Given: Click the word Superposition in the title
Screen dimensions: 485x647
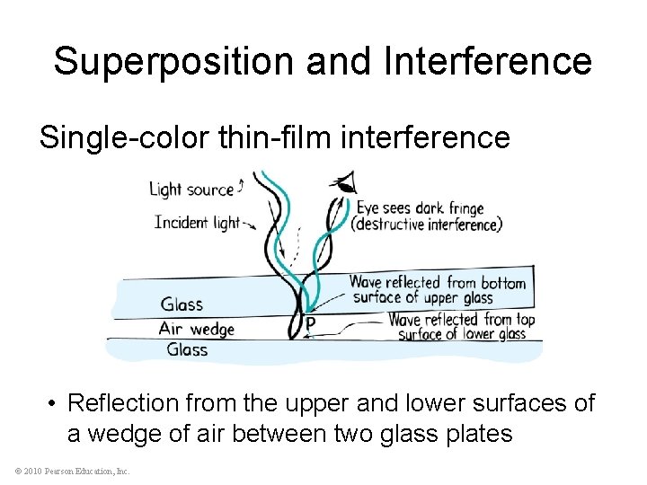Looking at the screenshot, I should pos(173,61).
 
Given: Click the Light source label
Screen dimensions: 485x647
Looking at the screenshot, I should pos(190,189).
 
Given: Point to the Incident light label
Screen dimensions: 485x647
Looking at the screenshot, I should pos(196,221).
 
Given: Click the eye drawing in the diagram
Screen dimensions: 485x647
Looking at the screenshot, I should pos(343,183).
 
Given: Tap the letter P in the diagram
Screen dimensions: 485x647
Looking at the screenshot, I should pos(311,323).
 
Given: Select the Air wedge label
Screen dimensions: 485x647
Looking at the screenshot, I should pos(196,329).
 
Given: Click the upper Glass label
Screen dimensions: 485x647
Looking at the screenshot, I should pos(182,304).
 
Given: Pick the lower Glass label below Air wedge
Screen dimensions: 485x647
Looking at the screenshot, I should pos(187,349).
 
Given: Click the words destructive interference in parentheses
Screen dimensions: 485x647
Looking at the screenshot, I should pos(427,224).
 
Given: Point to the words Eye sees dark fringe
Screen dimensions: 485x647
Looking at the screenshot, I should pos(421,208).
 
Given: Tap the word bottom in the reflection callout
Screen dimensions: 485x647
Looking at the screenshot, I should pos(503,283).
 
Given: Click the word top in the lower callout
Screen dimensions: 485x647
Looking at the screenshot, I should pos(526,319).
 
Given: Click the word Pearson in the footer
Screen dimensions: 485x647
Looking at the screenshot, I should pos(58,471).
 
